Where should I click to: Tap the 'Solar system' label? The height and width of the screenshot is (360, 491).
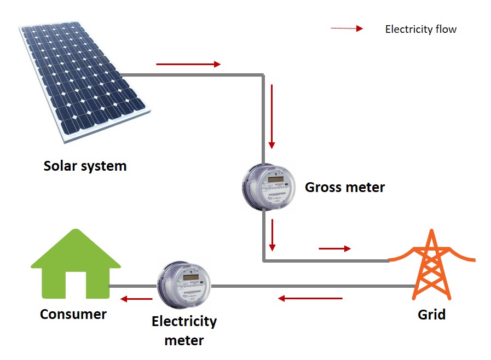tap(85, 166)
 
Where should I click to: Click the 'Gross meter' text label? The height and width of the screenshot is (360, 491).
tap(345, 188)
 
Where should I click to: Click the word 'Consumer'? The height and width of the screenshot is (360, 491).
tap(73, 314)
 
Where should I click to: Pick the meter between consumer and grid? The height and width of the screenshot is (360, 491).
tap(184, 285)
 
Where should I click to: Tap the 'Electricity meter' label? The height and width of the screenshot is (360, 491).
tap(184, 330)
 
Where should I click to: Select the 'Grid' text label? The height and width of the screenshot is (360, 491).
tap(431, 315)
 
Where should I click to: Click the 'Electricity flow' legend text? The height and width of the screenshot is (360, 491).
tap(420, 29)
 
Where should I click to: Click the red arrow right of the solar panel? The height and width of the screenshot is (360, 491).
tap(188, 64)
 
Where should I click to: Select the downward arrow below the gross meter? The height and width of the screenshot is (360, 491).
tap(272, 234)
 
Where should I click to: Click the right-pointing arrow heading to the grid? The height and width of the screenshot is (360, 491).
tap(334, 249)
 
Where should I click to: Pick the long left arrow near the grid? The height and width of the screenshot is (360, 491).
tap(310, 298)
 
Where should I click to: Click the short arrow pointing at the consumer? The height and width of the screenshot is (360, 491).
tap(137, 299)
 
